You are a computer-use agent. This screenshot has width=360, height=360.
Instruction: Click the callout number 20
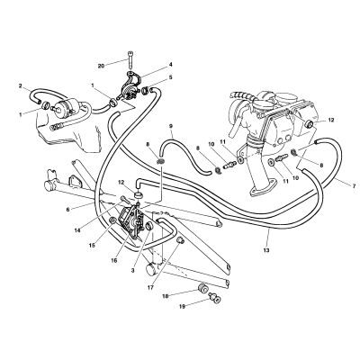pos(102,66)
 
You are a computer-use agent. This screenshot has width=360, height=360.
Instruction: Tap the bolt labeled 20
pos(130,60)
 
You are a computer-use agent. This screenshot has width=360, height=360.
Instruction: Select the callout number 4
pos(170,64)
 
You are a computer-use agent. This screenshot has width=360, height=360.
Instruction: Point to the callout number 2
pos(21,86)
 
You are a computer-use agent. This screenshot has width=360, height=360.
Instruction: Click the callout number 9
pos(171,126)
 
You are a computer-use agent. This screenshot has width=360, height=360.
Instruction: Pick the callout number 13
pos(266,249)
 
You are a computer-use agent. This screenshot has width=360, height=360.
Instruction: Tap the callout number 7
pos(354,186)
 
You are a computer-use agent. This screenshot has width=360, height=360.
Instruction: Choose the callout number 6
pos(67,210)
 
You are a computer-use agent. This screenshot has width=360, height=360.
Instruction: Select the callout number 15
pos(92,245)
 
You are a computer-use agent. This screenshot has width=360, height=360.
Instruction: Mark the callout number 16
pos(114,260)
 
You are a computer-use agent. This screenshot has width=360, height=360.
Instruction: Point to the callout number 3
pos(132,271)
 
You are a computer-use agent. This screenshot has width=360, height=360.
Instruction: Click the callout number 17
pos(150,287)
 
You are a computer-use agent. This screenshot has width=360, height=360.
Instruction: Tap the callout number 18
pos(165,296)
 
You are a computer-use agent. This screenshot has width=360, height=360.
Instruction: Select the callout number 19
pos(182,307)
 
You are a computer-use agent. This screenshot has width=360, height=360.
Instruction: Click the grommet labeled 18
pos(202,288)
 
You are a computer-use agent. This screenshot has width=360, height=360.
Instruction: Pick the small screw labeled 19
pos(215,298)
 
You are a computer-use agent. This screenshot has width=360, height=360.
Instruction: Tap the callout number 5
pos(170,77)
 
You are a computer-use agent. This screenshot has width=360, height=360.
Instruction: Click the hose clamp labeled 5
pos(146,89)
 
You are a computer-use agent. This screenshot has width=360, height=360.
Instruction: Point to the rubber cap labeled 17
pos(181,240)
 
